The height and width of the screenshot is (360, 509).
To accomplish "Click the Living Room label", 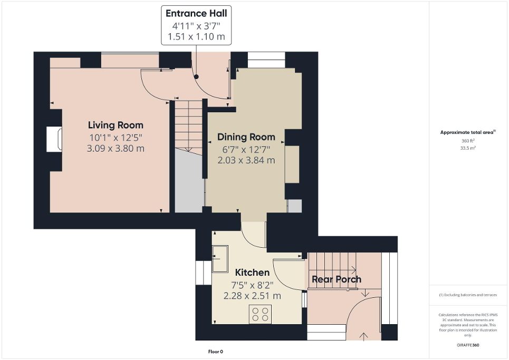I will (x=116, y=125).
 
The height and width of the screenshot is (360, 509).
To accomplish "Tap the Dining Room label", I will (x=246, y=137).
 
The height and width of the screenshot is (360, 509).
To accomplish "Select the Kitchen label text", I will (x=252, y=273).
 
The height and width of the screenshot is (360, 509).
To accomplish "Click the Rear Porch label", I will (x=337, y=279).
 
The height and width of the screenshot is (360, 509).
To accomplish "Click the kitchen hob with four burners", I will (x=260, y=314).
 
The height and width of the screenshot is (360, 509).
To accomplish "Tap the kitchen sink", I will (x=219, y=259).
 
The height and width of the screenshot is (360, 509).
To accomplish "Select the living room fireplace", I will (x=55, y=139).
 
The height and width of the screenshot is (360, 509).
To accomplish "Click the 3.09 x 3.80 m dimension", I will (x=116, y=149).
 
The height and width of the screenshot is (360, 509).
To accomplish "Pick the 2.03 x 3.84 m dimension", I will (x=246, y=160).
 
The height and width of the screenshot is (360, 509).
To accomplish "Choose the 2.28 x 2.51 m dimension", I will (x=252, y=296).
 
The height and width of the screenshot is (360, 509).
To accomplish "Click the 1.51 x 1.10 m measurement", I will (x=196, y=37).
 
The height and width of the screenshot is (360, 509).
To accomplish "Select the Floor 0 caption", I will (x=216, y=352).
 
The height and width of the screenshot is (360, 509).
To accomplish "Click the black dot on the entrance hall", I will (x=196, y=77).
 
